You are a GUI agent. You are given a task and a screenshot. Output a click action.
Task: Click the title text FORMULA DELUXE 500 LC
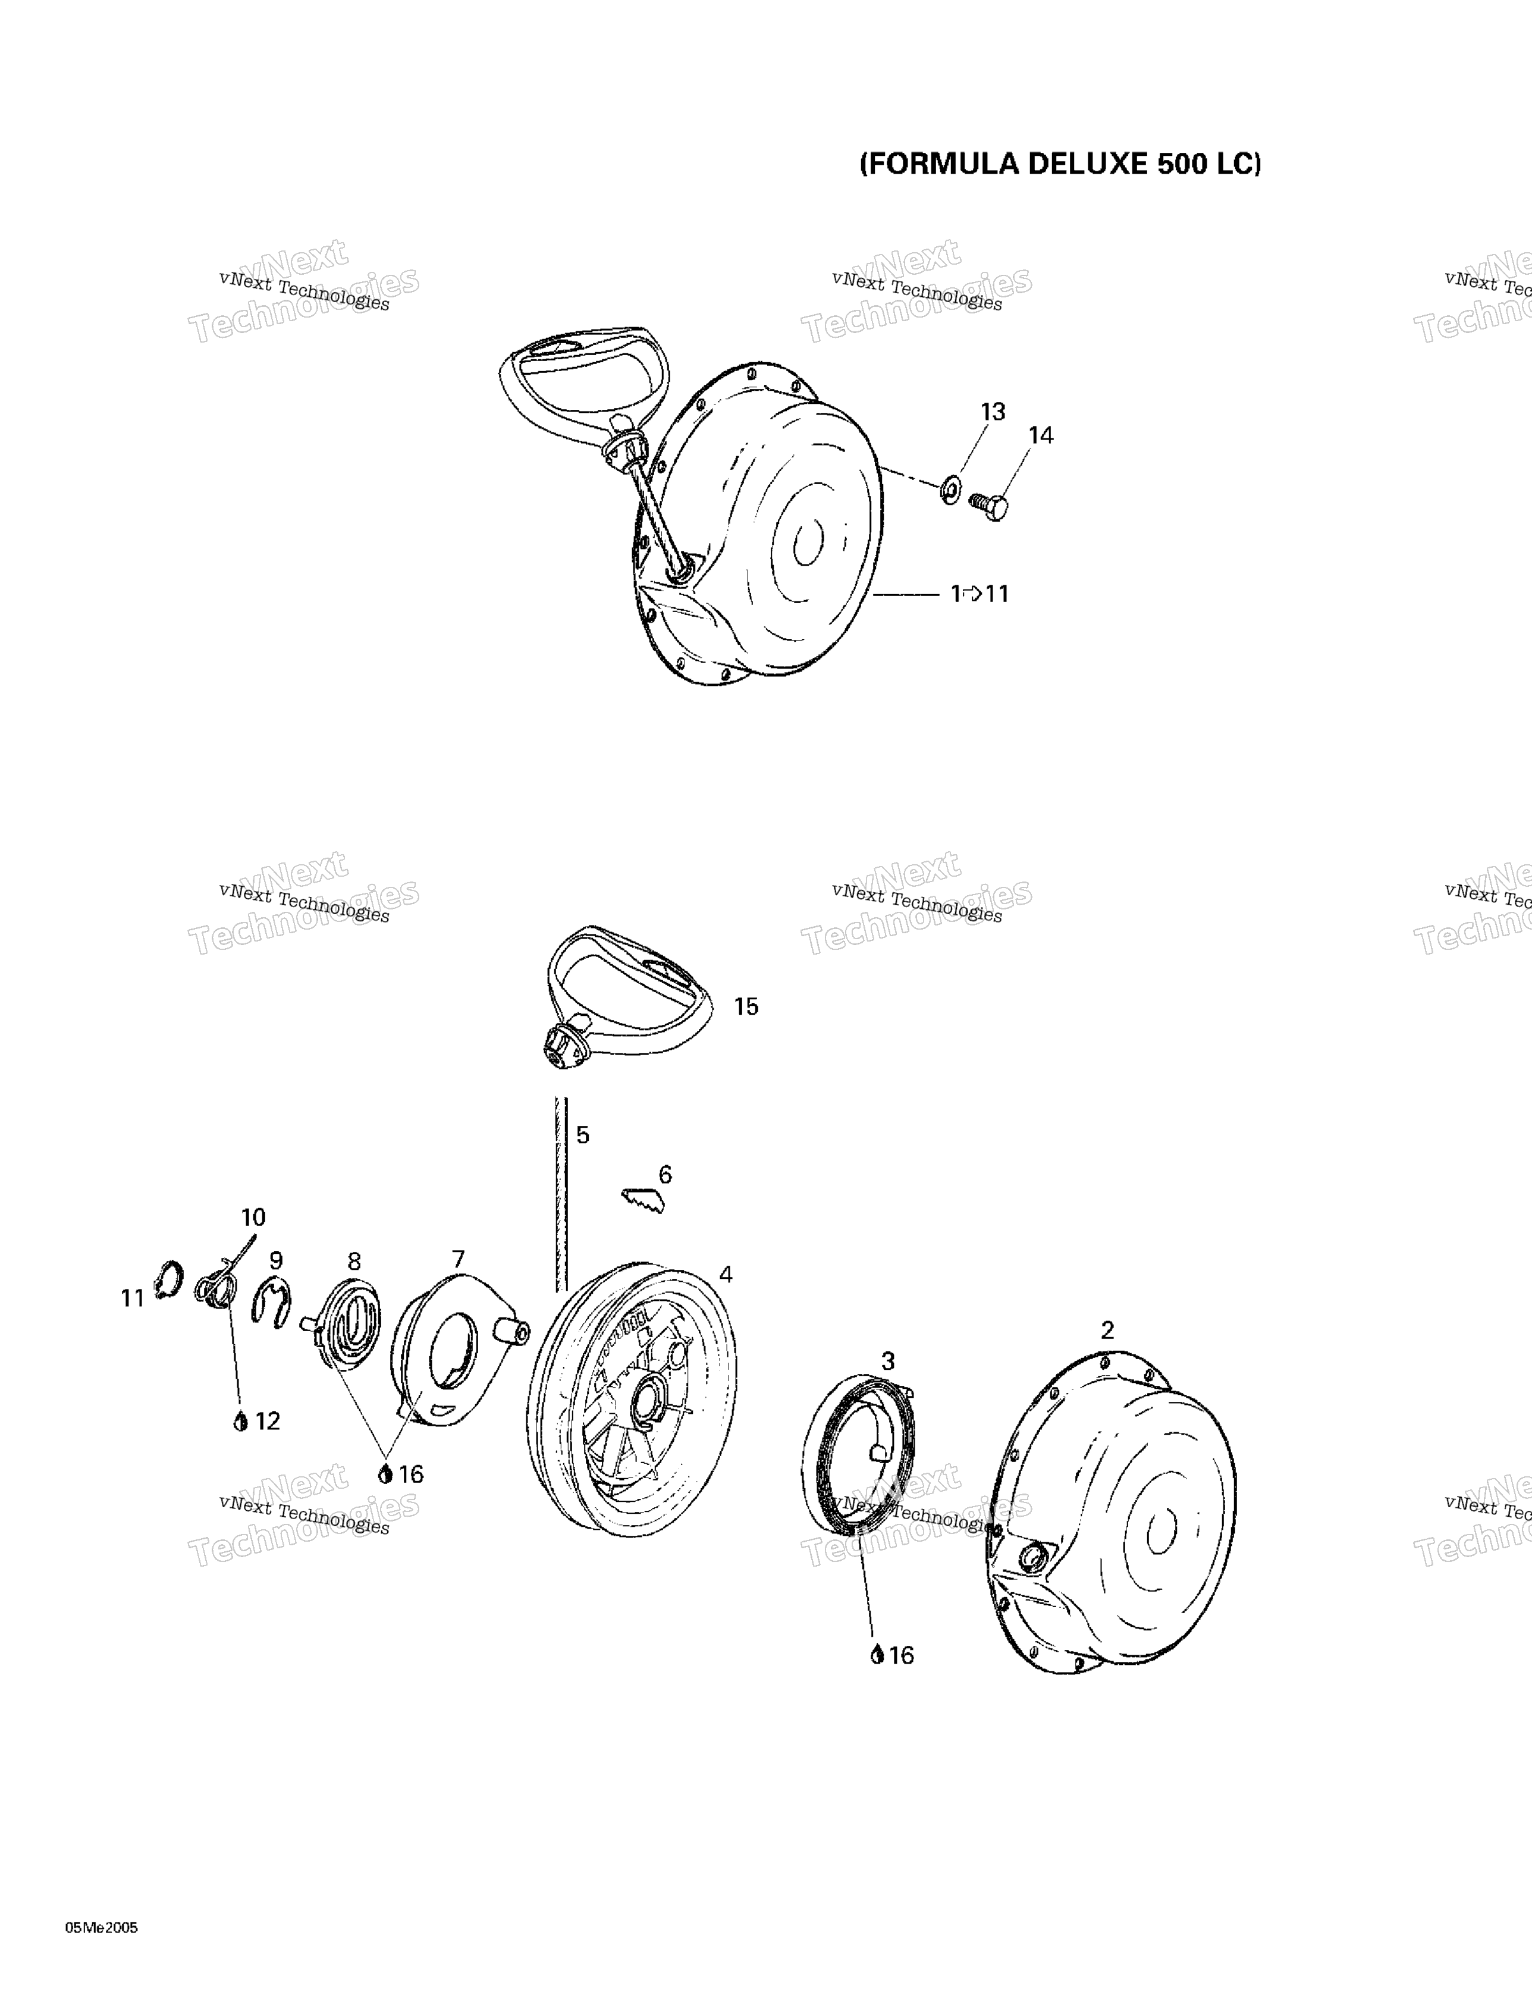[x=1061, y=164]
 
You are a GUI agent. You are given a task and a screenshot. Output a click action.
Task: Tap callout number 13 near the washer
[x=993, y=412]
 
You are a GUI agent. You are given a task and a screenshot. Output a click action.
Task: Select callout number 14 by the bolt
[x=1041, y=435]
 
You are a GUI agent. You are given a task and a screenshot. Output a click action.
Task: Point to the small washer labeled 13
[x=950, y=489]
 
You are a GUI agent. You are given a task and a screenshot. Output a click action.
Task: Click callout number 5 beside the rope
[x=583, y=1135]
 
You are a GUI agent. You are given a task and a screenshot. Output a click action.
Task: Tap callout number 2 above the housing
[x=1107, y=1331]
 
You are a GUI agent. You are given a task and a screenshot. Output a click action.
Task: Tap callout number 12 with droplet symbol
[x=258, y=1421]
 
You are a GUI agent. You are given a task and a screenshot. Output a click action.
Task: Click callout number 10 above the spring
[x=253, y=1217]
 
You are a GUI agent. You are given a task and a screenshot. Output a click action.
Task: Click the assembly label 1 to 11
[x=980, y=594]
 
